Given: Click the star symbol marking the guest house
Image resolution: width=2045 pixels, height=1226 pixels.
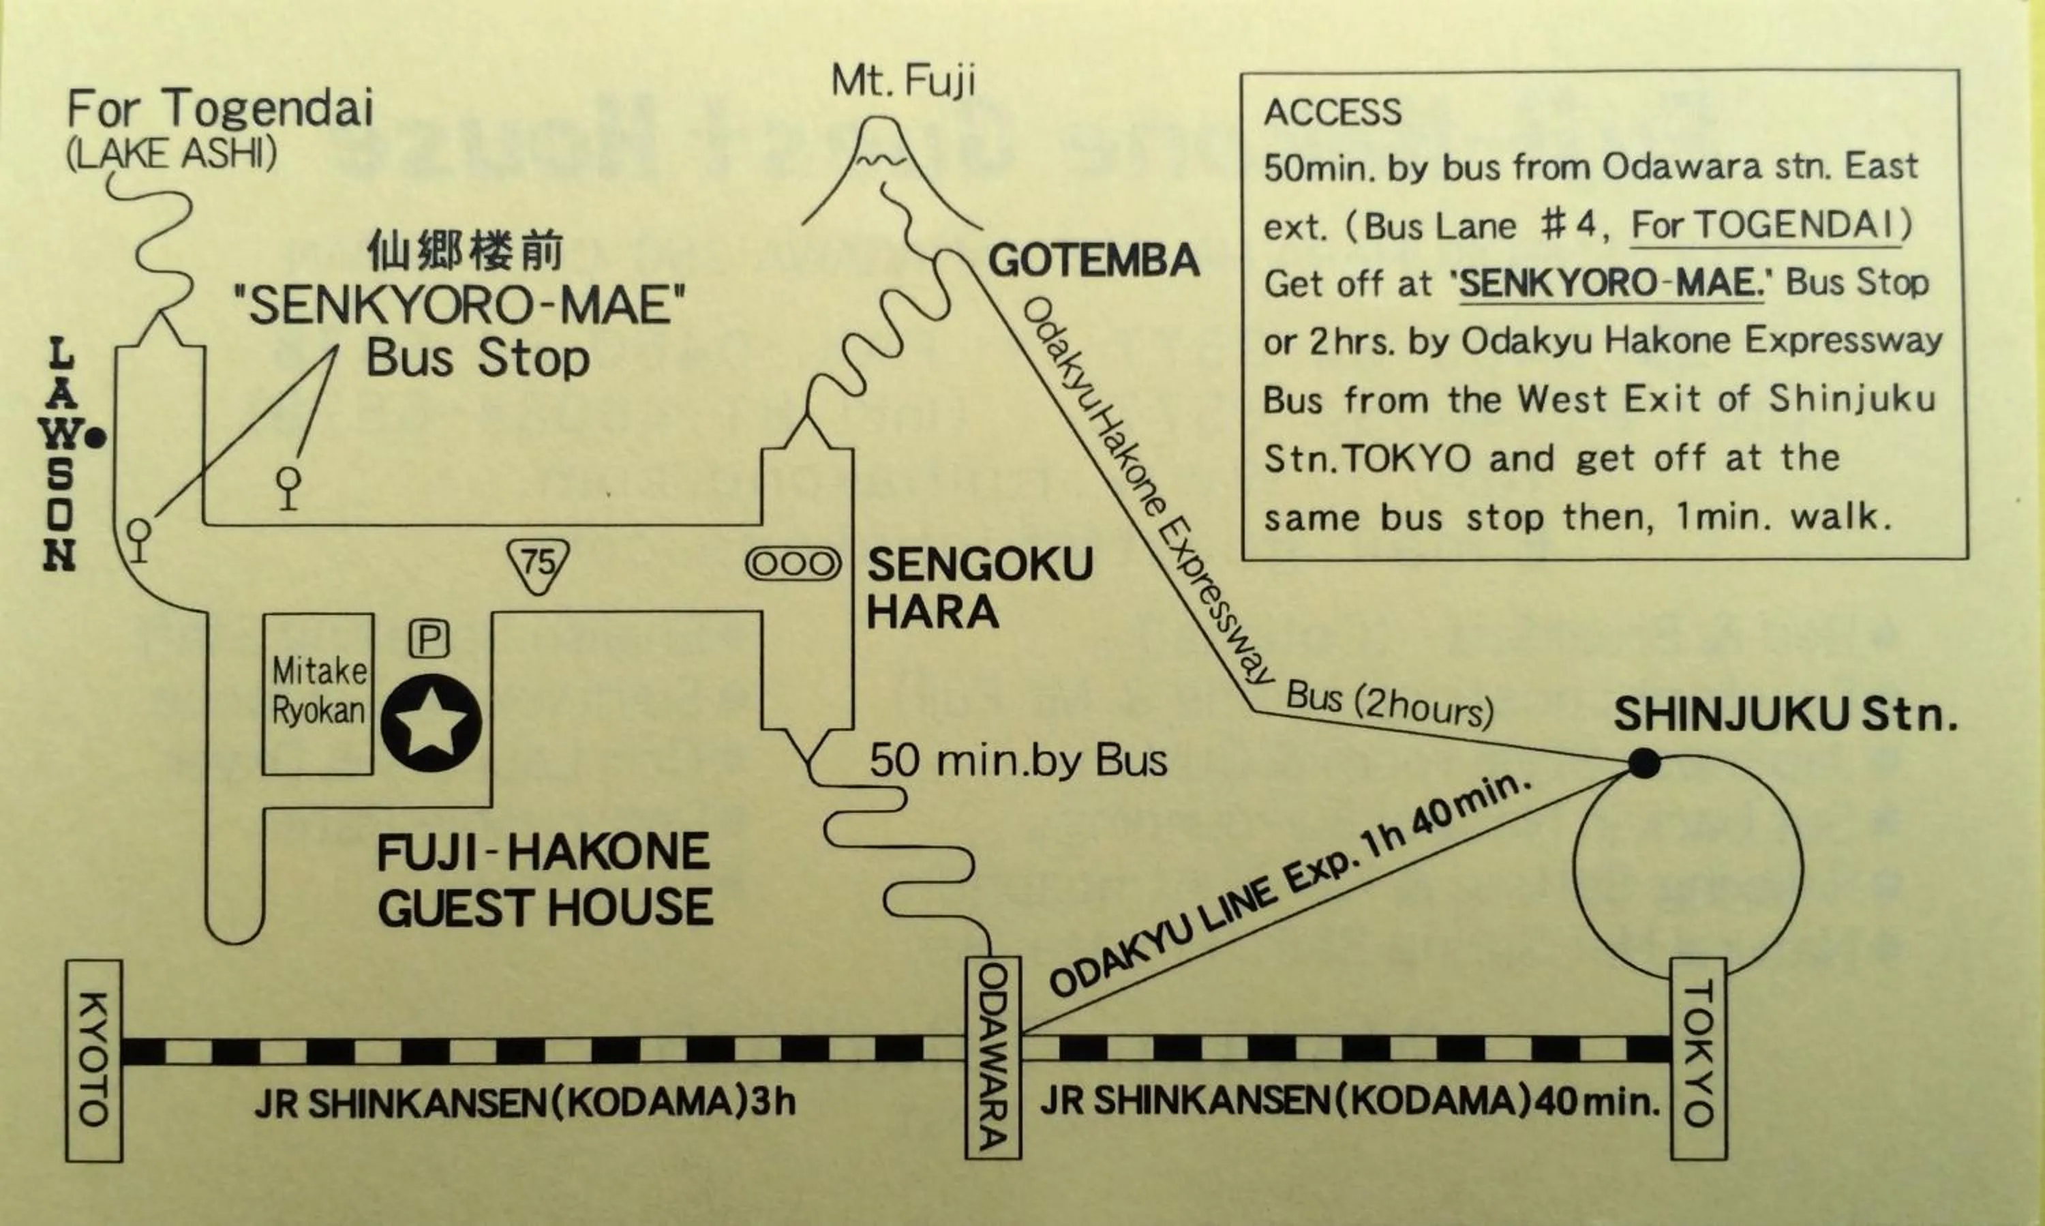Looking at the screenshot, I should tap(431, 723).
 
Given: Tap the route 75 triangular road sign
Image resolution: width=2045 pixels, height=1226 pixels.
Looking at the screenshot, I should tap(539, 565).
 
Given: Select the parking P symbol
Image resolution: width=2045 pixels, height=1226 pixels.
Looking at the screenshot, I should tap(429, 639).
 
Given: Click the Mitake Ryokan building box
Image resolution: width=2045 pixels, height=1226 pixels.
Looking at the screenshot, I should tap(318, 693).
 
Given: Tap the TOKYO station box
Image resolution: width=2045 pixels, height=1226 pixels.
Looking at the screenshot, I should tap(1698, 1058).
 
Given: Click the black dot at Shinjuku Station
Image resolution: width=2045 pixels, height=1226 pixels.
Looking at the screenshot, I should tap(1643, 764).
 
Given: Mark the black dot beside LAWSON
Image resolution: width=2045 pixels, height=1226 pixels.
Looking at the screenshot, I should tap(97, 438).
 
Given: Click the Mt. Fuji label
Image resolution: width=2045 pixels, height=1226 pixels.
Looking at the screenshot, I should tap(903, 81).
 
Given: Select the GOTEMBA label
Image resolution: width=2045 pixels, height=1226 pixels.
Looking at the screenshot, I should tap(1093, 261).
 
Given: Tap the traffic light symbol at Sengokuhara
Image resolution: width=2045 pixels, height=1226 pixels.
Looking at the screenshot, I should tap(793, 565).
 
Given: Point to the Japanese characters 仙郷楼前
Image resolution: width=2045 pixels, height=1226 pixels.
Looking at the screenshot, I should tap(465, 250).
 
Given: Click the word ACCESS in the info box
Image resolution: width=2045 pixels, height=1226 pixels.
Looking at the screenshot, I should tap(1332, 113).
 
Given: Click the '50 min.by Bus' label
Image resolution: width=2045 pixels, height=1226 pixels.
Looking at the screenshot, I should tap(1018, 761).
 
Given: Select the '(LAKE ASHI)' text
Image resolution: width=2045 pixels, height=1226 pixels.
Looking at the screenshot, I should tap(171, 153).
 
